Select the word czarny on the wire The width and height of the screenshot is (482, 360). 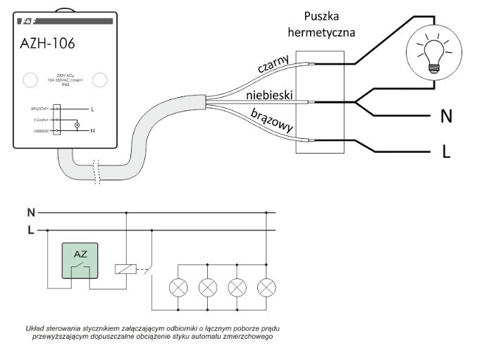(273, 69)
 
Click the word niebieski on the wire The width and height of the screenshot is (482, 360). (271, 94)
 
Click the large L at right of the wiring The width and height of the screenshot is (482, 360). (445, 152)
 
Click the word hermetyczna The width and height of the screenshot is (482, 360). (324, 32)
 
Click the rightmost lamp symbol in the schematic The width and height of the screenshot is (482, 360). (266, 287)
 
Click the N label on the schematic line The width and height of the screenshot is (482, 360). (30, 211)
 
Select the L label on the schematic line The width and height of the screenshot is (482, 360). (30, 229)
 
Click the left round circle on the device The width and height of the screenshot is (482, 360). (30, 80)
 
